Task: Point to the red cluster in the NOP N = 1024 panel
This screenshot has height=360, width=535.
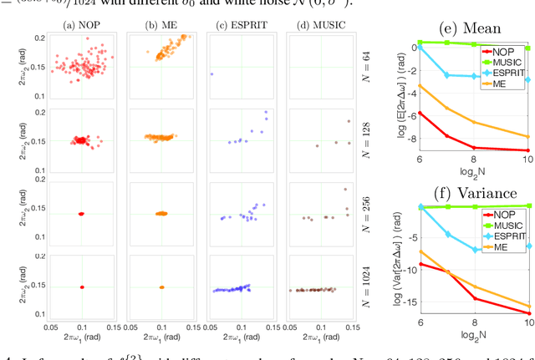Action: (x=82, y=286)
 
